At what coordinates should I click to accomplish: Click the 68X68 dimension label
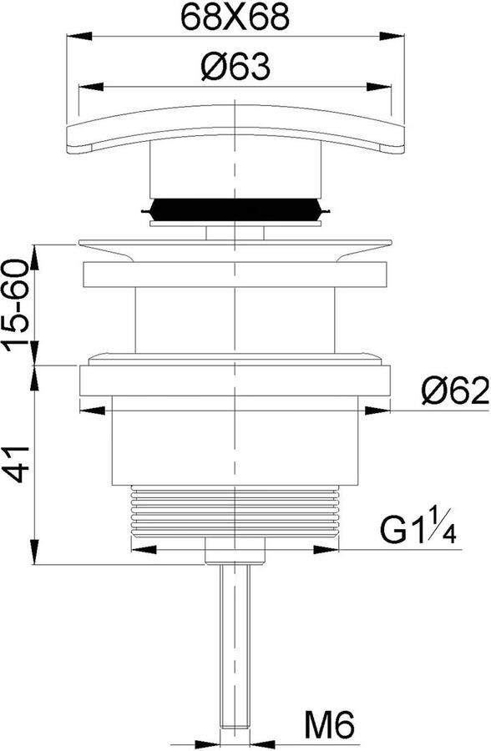(x=235, y=18)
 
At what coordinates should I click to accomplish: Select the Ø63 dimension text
(x=235, y=67)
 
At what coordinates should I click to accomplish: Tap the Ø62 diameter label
(x=455, y=390)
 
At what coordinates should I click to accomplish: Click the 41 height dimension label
(x=19, y=464)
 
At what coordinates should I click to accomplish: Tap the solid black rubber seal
(x=235, y=209)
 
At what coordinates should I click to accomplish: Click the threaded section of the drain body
(x=235, y=511)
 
